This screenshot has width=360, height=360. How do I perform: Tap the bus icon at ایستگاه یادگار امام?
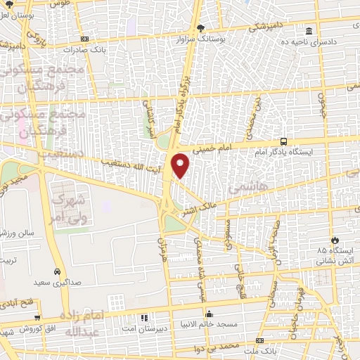pyautogui.click(x=284, y=141)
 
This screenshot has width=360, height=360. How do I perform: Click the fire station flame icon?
pyautogui.click(x=335, y=240)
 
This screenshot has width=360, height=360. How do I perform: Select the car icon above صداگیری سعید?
pyautogui.click(x=56, y=271)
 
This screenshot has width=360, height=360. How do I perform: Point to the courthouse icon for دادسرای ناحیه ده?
pyautogui.click(x=309, y=31)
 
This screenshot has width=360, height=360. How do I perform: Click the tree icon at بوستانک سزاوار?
pyautogui.click(x=202, y=27)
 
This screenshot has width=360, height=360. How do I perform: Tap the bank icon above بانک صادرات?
pyautogui.click(x=85, y=39)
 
